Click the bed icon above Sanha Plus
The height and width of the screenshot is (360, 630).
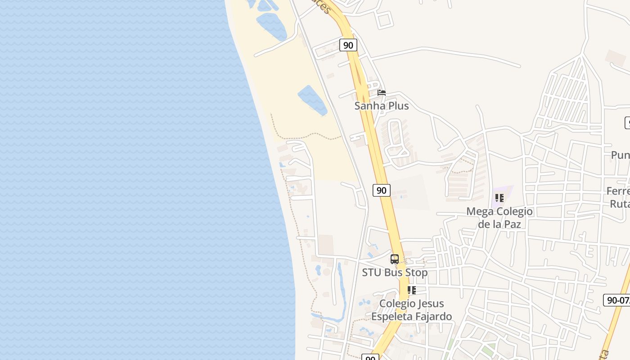382,93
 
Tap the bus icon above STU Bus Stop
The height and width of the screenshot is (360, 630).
395,259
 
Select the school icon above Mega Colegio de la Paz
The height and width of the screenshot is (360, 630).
499,198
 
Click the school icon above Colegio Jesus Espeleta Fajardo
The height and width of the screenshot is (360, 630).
411,290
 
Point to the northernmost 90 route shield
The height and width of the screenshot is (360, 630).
348,45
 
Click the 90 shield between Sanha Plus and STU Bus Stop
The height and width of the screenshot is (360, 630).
381,190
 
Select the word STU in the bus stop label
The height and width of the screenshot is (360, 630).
371,273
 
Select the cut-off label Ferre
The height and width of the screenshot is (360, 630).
618,191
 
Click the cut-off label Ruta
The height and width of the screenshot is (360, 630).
620,204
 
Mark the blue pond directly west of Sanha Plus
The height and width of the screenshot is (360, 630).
312,100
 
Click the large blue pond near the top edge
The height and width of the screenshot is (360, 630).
271,26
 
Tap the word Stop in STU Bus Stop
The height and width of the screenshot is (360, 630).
417,273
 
